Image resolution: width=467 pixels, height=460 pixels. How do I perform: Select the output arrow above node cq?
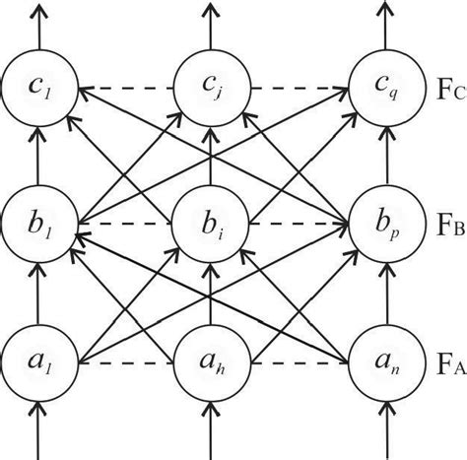coord(379,25)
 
